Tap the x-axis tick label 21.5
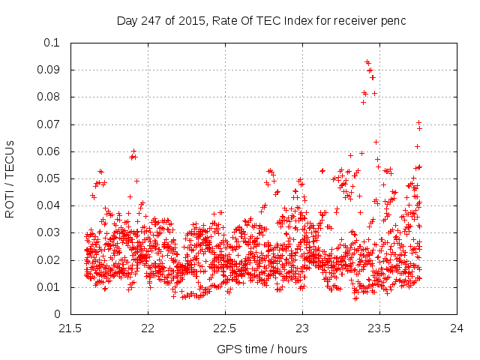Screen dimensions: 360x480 pos(70,328)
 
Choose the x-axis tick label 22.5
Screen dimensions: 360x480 pos(225,328)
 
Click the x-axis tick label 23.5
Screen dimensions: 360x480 pos(379,328)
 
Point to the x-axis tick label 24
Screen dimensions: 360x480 pos(457,328)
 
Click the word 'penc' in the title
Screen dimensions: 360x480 pos(393,21)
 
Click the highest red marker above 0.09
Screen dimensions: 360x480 pos(367,62)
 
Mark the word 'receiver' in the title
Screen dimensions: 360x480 pos(355,21)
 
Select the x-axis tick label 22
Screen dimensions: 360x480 pos(148,328)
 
